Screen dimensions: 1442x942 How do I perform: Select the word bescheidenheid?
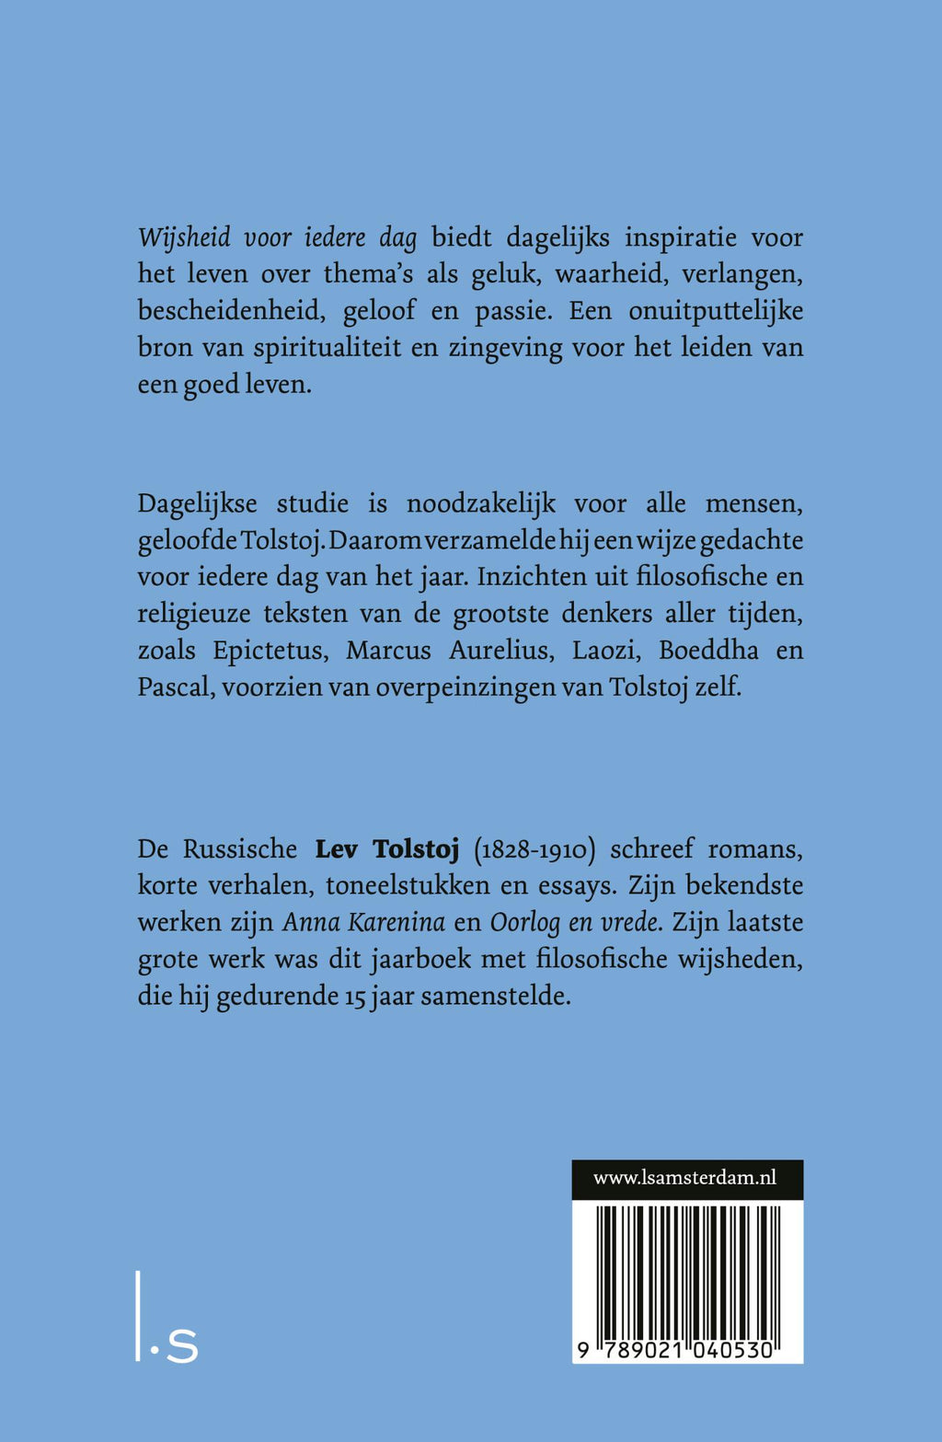pos(231,311)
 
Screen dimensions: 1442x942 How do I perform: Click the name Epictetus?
pos(269,651)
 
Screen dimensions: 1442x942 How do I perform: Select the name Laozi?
pos(603,651)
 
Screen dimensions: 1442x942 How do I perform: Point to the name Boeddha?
pos(708,651)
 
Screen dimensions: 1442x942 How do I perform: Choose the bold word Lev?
pos(336,848)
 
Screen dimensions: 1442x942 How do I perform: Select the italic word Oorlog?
pos(524,923)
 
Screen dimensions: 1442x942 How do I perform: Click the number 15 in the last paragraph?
pos(355,997)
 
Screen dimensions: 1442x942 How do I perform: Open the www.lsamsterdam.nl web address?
pos(685,1178)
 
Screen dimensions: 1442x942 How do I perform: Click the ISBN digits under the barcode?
pos(676,1351)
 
